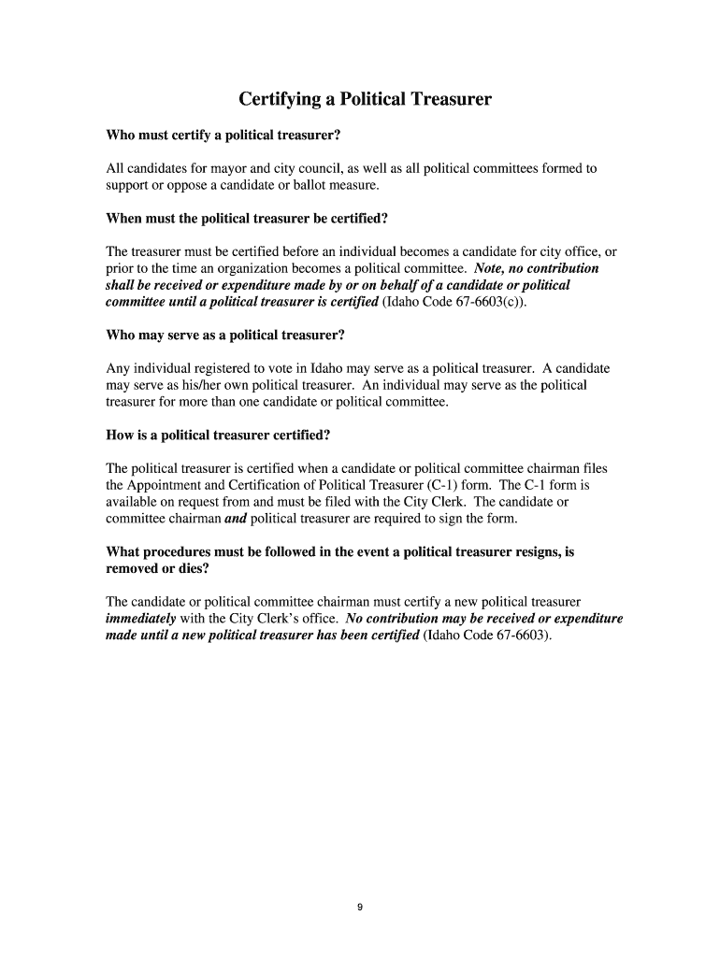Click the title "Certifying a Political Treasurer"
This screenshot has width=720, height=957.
(365, 98)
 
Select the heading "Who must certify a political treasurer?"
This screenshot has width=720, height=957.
(223, 136)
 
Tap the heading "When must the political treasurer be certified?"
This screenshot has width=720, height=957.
(247, 219)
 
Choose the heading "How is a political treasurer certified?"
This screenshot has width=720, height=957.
(218, 435)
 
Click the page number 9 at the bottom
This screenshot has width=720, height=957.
(360, 906)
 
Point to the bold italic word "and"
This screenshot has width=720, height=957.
(236, 519)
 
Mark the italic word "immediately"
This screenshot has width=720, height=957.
(141, 619)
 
